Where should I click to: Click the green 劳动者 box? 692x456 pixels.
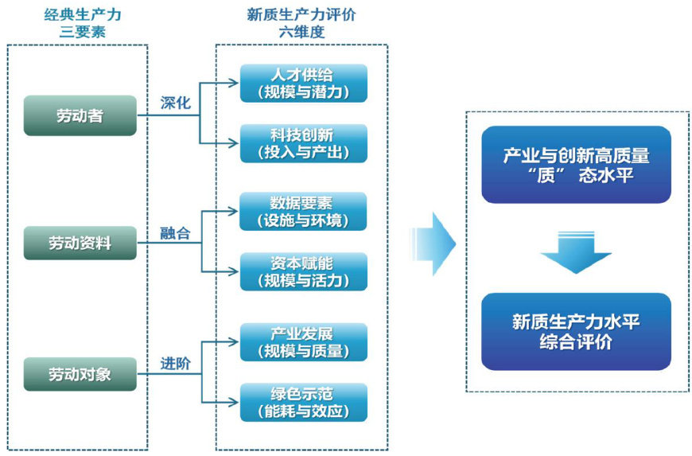pos(80,115)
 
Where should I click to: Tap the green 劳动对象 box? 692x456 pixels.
pos(80,373)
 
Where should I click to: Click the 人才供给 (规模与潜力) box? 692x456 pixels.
pos(303,83)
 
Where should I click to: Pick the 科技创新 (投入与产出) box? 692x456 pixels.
pos(303,143)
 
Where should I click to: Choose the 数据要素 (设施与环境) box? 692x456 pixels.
pos(303,211)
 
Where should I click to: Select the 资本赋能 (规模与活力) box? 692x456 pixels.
pos(303,271)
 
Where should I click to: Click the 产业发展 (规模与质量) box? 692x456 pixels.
pos(303,341)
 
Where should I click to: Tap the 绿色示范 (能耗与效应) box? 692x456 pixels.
pos(303,402)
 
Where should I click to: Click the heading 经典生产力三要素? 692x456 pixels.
pos(78,24)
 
